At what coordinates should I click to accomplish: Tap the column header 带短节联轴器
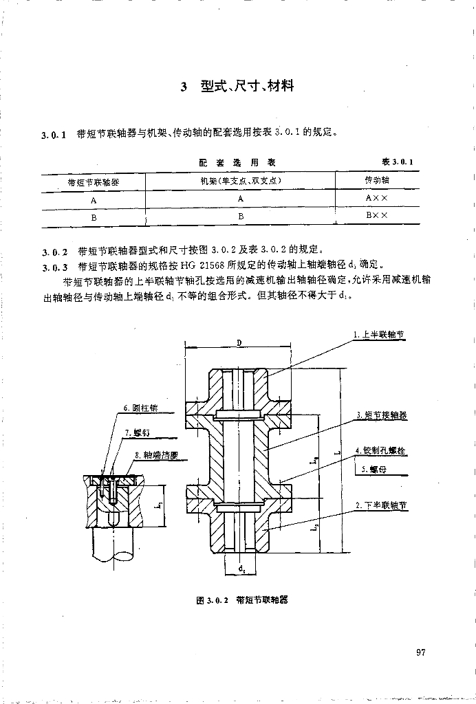[93, 182]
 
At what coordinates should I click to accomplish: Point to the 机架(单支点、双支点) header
[241, 181]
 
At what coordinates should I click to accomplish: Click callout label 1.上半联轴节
[379, 335]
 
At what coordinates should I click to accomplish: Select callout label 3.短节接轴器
[382, 415]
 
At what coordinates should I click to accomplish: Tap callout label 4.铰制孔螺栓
[380, 451]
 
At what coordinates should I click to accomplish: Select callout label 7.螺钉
[138, 433]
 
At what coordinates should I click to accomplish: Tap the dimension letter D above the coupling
[239, 342]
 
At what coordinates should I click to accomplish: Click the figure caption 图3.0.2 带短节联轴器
[241, 600]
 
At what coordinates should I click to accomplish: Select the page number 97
[421, 652]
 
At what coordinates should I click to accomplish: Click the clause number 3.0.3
[54, 266]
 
